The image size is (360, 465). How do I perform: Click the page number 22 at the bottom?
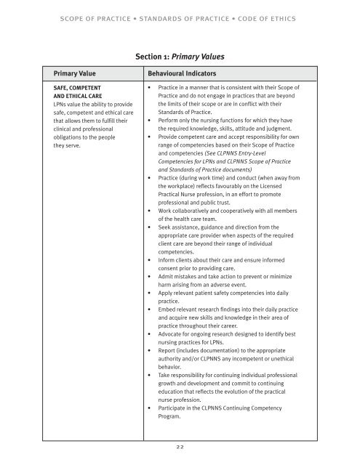click(x=179, y=450)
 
